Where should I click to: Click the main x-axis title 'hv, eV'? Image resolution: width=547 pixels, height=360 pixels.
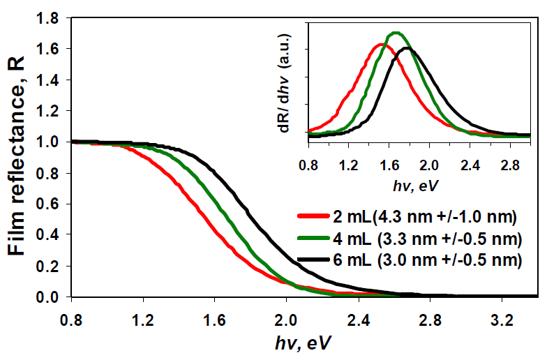(303, 345)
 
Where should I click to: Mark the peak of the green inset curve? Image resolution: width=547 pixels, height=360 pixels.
(396, 33)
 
